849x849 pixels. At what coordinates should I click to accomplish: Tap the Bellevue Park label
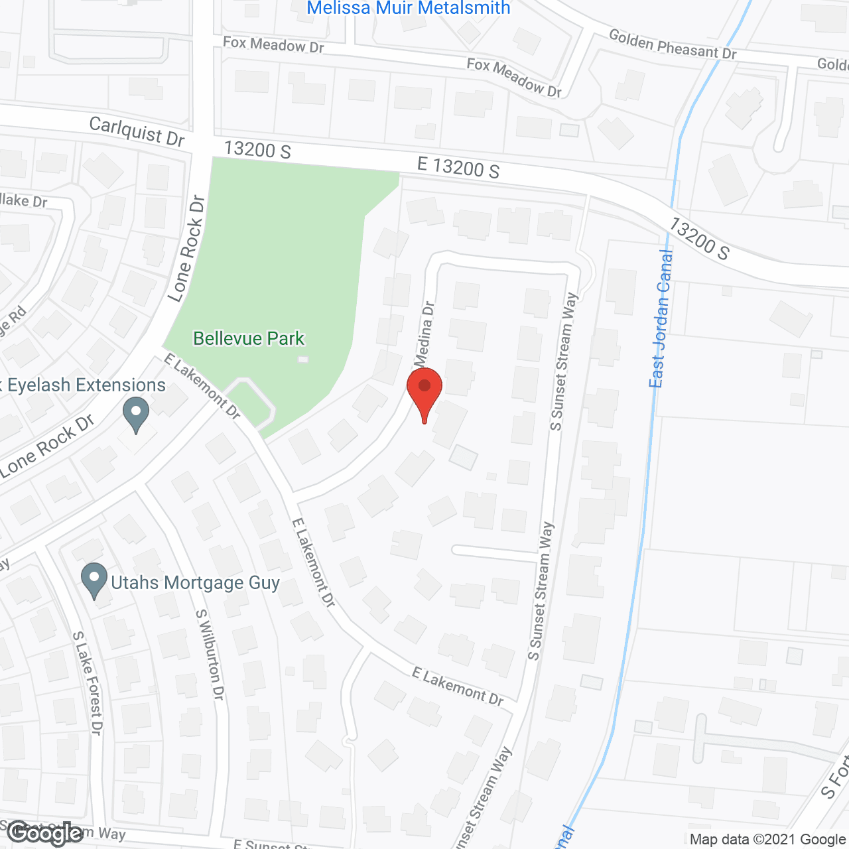(249, 338)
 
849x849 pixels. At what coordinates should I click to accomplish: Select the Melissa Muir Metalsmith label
(409, 8)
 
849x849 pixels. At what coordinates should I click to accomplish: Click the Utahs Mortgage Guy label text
(195, 583)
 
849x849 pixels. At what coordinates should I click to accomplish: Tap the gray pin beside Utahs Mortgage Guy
(94, 580)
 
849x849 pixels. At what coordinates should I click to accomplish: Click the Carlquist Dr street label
(137, 131)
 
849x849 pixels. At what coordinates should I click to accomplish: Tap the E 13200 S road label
(458, 167)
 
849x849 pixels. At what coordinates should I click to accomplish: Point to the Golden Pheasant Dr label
(673, 44)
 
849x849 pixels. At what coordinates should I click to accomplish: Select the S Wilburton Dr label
(210, 655)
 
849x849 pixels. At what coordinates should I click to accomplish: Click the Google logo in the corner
(45, 833)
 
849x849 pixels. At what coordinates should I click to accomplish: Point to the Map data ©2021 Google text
(767, 840)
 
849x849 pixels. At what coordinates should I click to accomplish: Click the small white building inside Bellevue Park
(303, 359)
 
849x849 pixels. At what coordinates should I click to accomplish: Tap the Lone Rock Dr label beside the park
(186, 249)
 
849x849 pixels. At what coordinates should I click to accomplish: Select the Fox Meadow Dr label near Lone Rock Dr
(273, 44)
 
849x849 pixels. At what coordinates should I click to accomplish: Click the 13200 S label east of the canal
(698, 239)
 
